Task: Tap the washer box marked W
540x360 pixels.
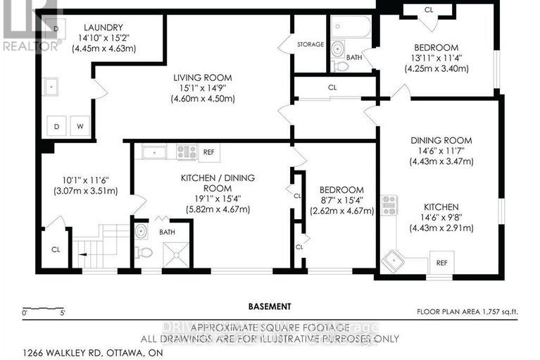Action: [x=81, y=126]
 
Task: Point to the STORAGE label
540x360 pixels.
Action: [x=310, y=44]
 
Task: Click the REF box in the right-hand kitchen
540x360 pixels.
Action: [x=441, y=262]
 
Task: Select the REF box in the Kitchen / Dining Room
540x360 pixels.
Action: [x=210, y=151]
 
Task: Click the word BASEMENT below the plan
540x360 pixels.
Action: [x=270, y=306]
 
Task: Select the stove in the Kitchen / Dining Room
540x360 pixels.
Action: [x=186, y=151]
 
